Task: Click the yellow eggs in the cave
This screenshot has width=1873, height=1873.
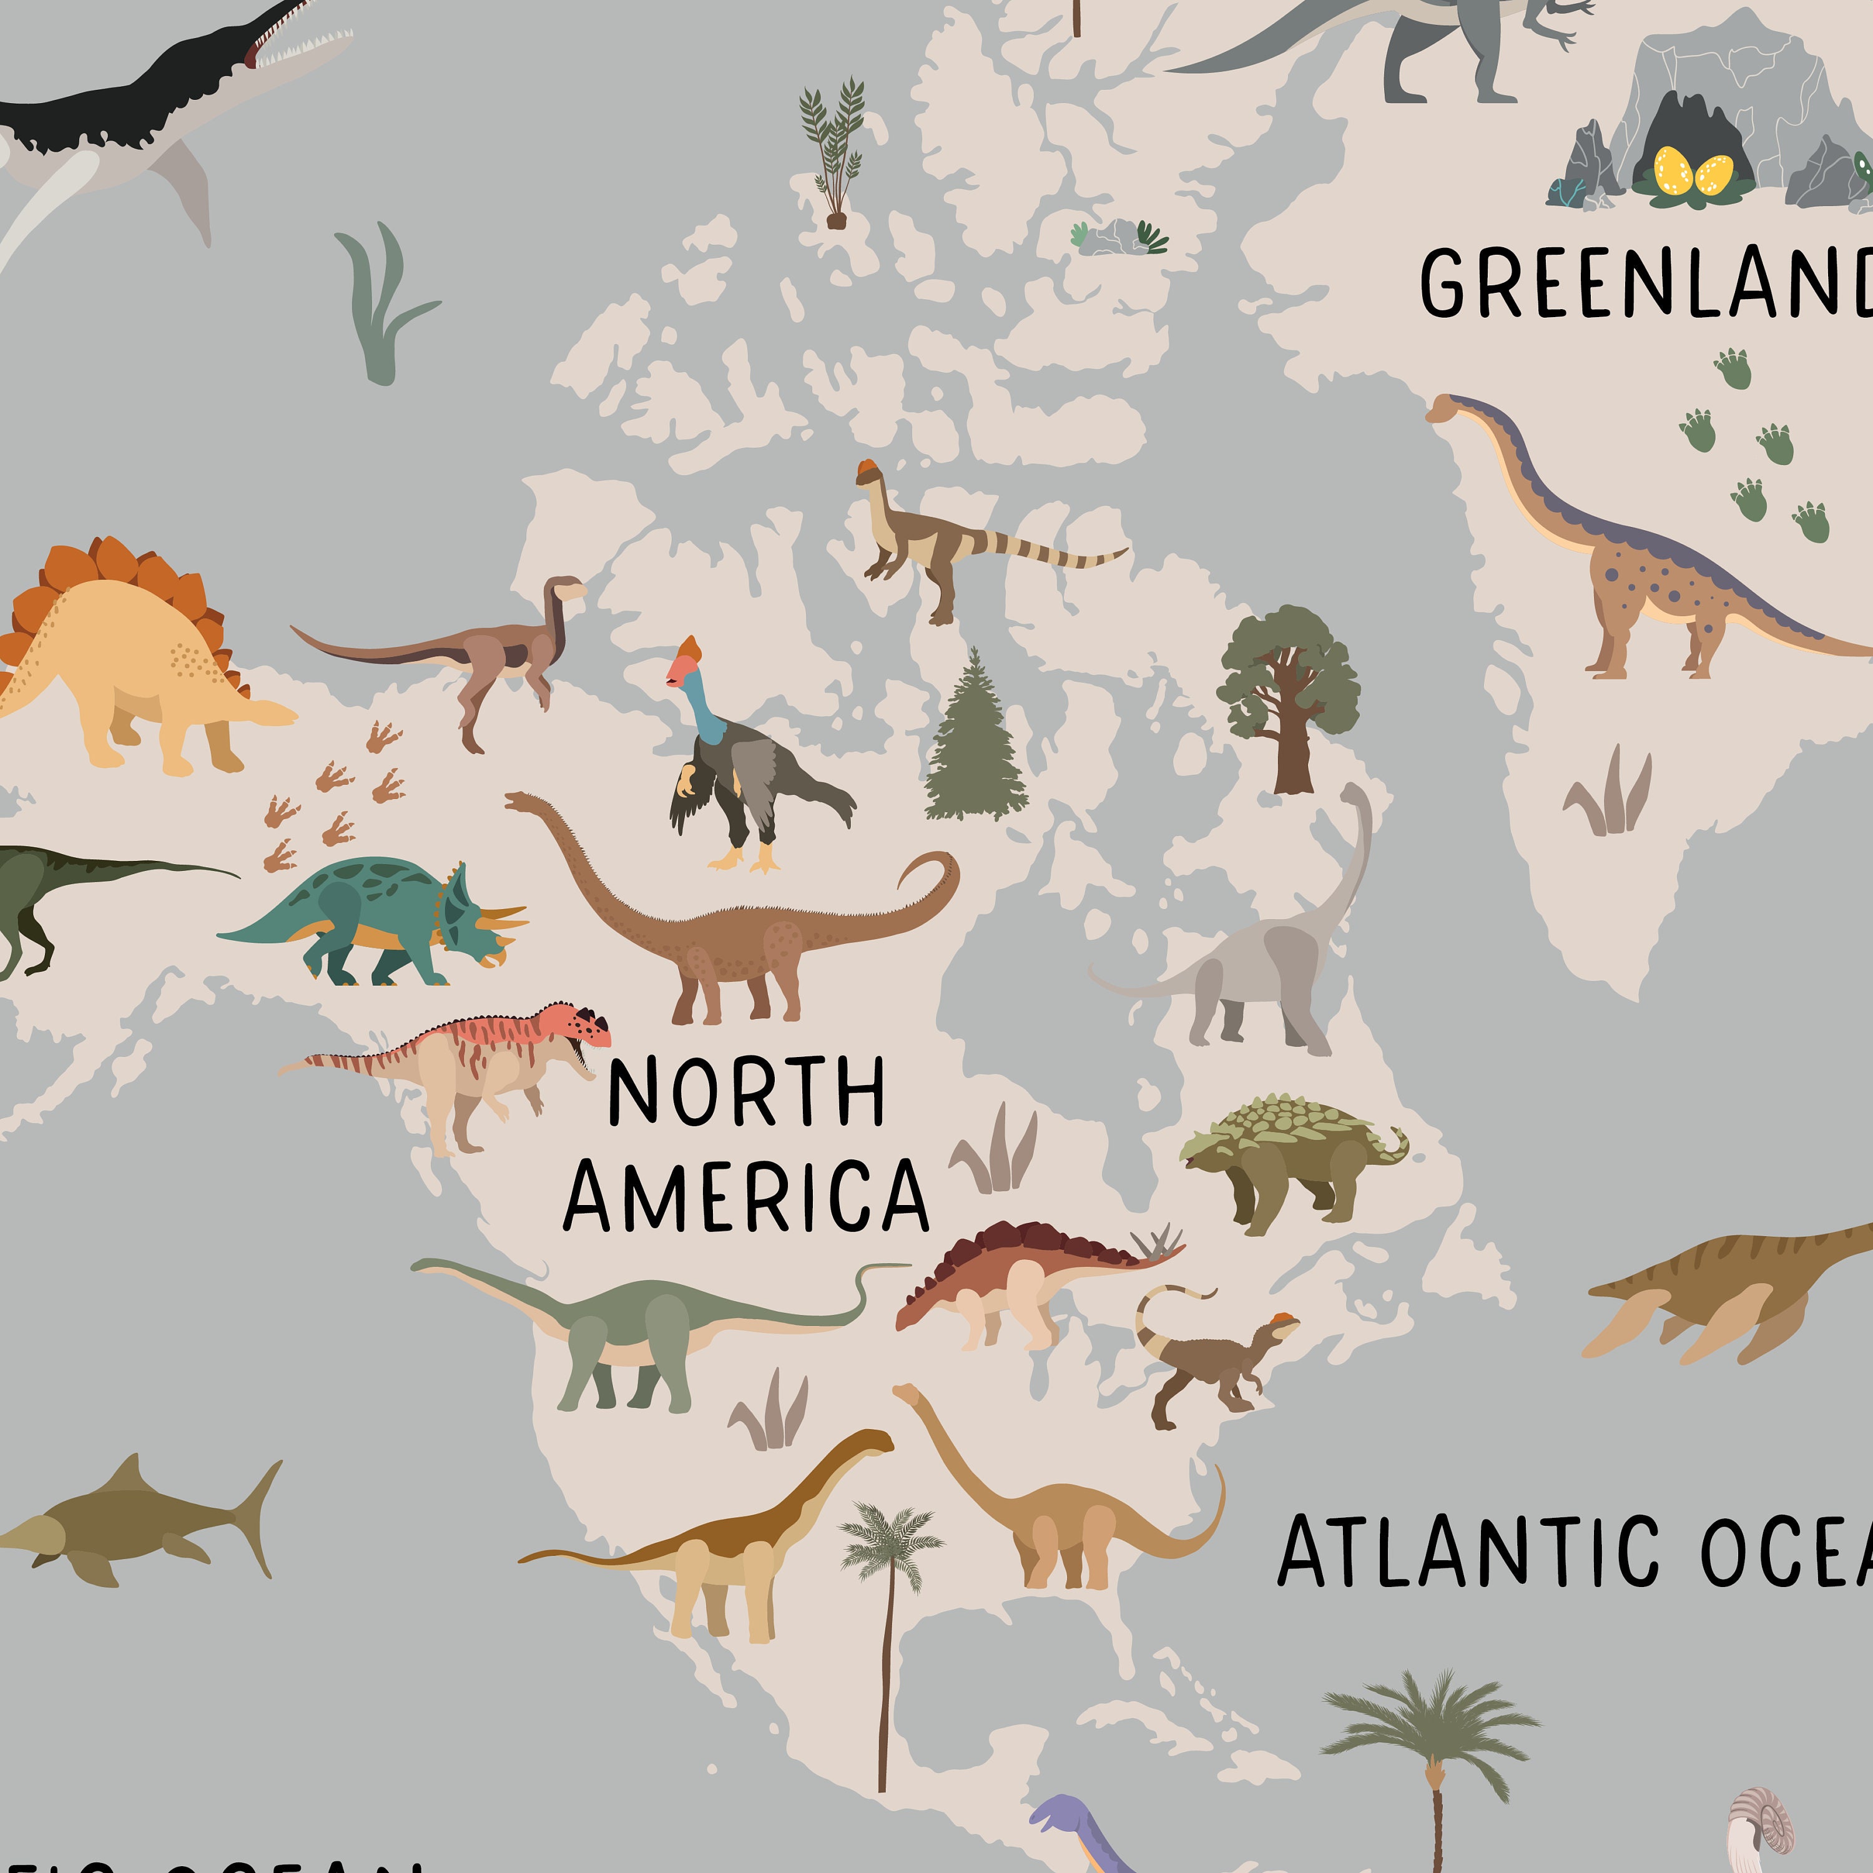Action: (x=1692, y=172)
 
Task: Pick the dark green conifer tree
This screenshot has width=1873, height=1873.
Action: (x=975, y=742)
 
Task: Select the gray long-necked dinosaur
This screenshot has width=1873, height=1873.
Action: (x=1261, y=970)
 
